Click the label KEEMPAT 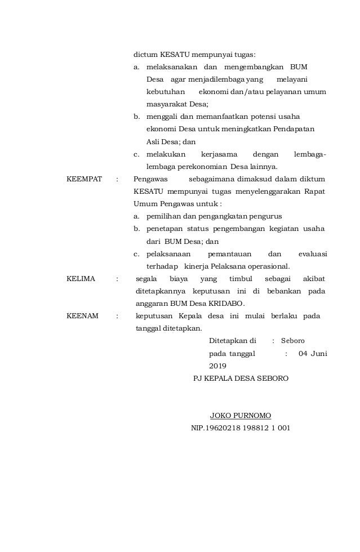(85, 180)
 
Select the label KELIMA (81, 279)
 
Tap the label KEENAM (83, 316)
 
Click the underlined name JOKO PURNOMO (241, 416)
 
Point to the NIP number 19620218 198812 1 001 (241, 428)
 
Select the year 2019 (217, 366)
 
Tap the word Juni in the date (318, 353)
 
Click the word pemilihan (163, 217)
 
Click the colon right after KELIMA (117, 279)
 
